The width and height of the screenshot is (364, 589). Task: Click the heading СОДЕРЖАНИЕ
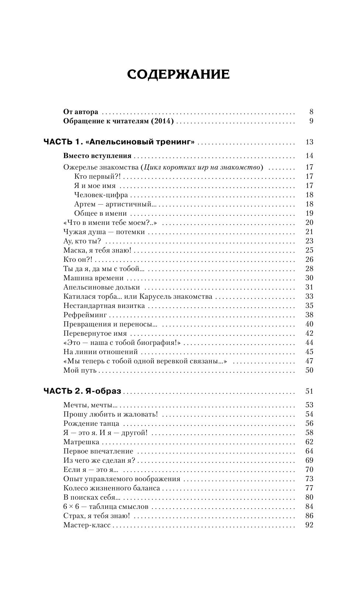[178, 74]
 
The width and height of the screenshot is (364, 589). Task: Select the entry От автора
[81, 112]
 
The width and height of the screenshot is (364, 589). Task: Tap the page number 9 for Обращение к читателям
[311, 121]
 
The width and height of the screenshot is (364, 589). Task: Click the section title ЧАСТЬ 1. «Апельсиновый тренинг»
[119, 142]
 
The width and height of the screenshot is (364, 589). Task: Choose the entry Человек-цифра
[101, 195]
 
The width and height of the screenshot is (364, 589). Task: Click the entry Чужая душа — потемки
[104, 232]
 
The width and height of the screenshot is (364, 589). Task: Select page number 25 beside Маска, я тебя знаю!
[309, 250]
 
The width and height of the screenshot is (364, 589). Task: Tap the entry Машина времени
[93, 278]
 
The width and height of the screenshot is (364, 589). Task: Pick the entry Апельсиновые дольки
[101, 287]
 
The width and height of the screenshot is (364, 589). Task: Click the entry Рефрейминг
[85, 315]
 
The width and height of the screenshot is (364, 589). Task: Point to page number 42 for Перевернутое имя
[309, 333]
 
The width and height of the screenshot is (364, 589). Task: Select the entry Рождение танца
[91, 424]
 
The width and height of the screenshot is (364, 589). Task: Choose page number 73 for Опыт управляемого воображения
[309, 479]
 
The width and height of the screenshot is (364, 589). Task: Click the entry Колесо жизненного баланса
[111, 488]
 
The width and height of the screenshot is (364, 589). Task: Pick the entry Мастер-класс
[87, 525]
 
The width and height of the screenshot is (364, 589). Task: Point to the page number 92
[309, 525]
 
